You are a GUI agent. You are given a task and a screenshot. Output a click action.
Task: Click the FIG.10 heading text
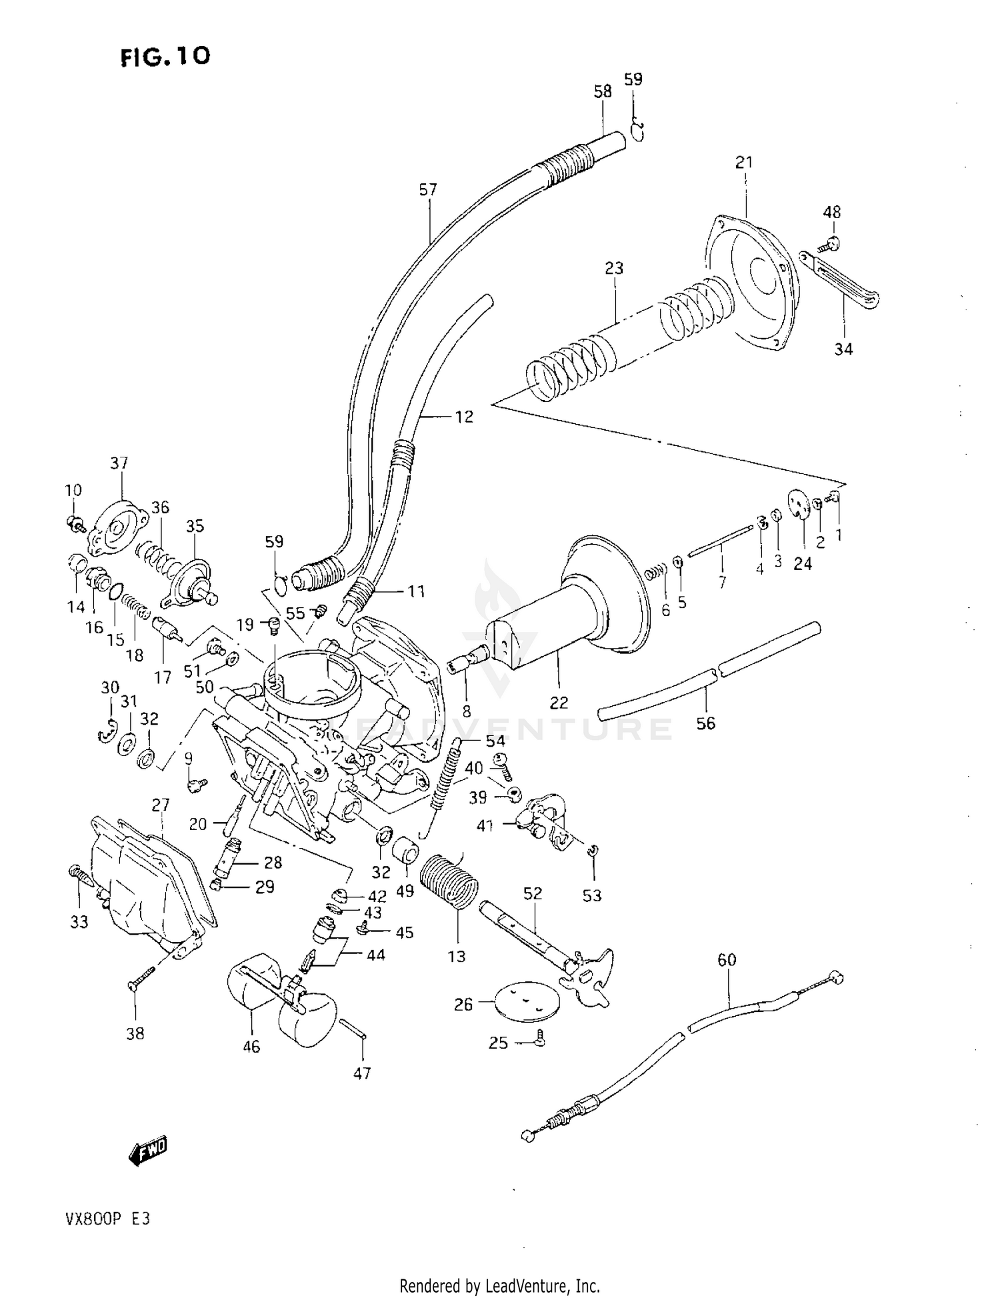click(165, 57)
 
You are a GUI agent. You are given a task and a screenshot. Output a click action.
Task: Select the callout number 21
click(744, 162)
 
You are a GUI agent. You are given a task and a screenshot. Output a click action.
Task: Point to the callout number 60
click(727, 959)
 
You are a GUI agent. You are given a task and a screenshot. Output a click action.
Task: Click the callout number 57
click(428, 190)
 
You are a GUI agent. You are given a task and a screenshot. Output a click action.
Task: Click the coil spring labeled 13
click(449, 880)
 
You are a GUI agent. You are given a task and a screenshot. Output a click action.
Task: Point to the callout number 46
click(251, 1047)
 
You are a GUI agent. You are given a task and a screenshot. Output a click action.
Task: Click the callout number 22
click(559, 702)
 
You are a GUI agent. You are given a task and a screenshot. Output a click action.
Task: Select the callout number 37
click(119, 463)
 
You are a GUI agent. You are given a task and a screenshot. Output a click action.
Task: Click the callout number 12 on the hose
click(464, 417)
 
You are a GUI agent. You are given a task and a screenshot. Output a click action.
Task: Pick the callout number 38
click(135, 1033)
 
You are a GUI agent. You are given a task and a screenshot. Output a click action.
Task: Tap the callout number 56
click(705, 723)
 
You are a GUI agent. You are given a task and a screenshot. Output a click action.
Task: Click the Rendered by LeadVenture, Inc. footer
click(499, 1285)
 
